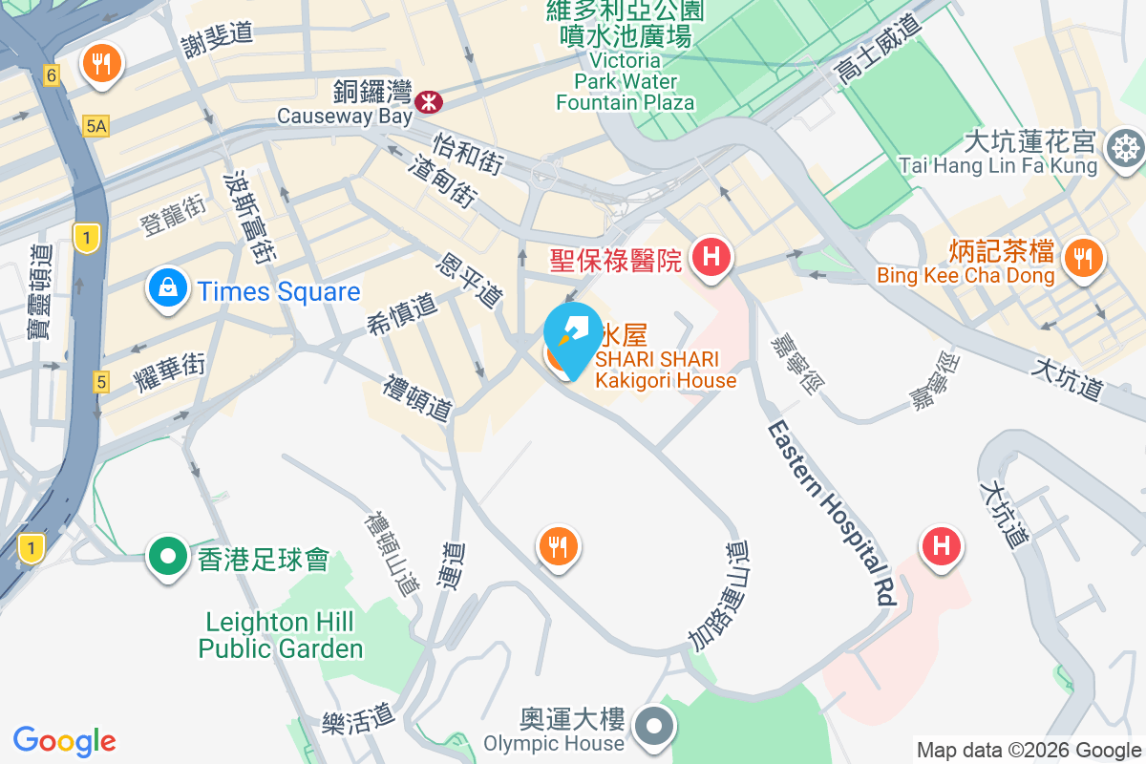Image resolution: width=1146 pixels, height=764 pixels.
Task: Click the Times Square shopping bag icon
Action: (x=167, y=288)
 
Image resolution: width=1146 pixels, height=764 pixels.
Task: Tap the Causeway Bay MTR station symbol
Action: (x=428, y=96)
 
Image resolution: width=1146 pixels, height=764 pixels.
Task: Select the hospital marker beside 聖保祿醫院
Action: (x=711, y=257)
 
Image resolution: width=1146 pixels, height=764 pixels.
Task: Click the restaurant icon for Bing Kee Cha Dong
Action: (x=1083, y=257)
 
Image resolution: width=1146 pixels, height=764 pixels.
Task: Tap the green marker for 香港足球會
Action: (x=168, y=555)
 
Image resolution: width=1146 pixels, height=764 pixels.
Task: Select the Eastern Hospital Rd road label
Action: (x=834, y=512)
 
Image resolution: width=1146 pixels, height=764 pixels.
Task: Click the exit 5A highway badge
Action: (x=95, y=125)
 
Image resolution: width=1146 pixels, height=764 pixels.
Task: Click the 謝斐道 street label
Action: (x=217, y=32)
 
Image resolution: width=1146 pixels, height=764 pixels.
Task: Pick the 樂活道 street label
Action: (x=358, y=713)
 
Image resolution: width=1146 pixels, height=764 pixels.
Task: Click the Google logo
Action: (x=65, y=740)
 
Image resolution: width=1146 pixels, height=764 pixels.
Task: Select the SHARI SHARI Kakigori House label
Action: (x=666, y=370)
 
